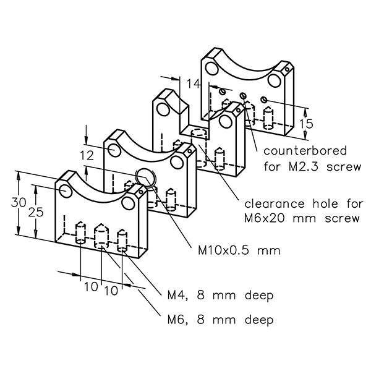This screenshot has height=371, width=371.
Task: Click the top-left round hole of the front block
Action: click(66, 189)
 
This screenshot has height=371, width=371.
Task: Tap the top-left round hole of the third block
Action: click(162, 109)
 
